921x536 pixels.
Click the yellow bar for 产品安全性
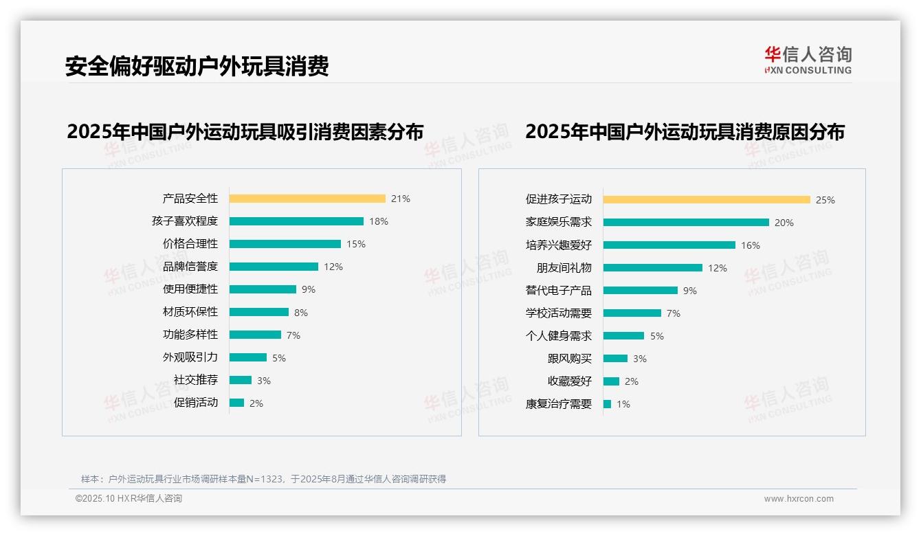tap(307, 199)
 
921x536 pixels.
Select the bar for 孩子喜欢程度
tap(296, 221)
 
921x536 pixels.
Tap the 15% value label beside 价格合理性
tap(356, 244)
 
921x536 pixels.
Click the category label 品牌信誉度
tap(190, 267)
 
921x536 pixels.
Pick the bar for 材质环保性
tap(259, 312)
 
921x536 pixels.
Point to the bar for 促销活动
tap(236, 403)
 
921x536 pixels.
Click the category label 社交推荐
tap(196, 380)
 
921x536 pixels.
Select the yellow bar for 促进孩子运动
tap(707, 200)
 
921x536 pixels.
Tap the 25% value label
tap(825, 200)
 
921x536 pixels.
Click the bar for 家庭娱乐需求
tap(686, 223)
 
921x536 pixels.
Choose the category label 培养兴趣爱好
tap(558, 245)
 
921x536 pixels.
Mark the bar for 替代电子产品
tap(641, 291)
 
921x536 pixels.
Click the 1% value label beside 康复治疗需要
tap(623, 404)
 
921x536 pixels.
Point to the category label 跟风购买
tap(569, 359)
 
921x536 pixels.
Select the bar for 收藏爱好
tap(611, 381)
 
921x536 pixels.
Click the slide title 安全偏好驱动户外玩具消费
tap(197, 66)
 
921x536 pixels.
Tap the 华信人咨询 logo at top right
tap(808, 60)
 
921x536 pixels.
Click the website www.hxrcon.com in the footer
tap(799, 499)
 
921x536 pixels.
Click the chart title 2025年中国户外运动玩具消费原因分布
tap(685, 132)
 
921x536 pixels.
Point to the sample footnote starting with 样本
tap(263, 479)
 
